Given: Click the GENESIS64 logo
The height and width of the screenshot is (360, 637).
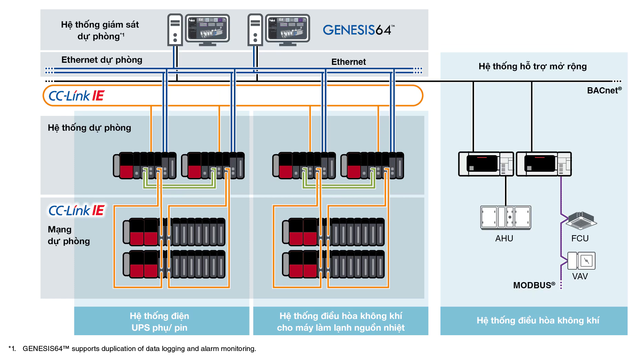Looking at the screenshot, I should click(358, 30).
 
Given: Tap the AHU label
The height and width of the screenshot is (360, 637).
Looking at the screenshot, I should click(504, 238).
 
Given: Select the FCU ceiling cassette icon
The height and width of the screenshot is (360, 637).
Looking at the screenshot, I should click(582, 221).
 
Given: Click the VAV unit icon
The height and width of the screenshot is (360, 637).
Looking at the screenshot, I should click(582, 261).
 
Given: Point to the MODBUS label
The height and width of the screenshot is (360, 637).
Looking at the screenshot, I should click(534, 285).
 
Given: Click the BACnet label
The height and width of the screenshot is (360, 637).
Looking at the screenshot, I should click(604, 90).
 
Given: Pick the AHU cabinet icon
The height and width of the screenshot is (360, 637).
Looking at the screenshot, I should click(506, 218).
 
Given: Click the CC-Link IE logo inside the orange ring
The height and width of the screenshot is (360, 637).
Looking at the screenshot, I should click(76, 96).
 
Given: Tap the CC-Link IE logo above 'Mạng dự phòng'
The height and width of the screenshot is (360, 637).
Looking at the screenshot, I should click(76, 210).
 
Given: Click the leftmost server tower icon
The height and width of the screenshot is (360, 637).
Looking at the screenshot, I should click(175, 30).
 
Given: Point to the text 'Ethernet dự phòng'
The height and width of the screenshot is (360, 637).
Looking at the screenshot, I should click(102, 60).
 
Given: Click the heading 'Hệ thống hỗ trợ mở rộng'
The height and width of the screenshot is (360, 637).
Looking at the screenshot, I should click(533, 66).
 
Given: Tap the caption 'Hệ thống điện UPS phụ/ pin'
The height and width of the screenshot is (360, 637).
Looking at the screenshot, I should click(159, 321).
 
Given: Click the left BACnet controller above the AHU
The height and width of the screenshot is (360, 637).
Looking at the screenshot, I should click(486, 164).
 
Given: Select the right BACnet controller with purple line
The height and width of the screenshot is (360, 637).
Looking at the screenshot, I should click(544, 164).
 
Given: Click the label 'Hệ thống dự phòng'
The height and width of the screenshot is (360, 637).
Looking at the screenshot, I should click(89, 128).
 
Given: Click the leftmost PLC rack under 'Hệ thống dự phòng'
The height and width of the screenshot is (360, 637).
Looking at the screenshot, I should click(145, 166).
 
